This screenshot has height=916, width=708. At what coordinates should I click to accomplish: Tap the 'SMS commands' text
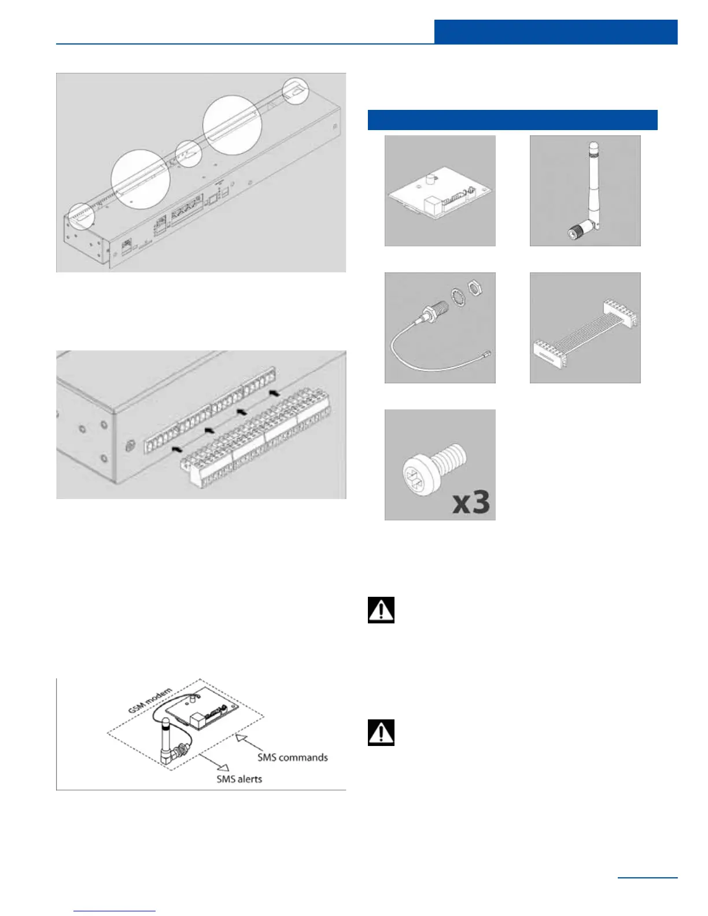293,758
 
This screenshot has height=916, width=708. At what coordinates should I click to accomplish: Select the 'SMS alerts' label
239,779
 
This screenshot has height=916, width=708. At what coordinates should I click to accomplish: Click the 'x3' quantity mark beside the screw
471,502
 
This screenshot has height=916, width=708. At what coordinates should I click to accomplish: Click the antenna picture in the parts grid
585,191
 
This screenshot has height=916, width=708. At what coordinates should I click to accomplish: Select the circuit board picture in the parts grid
440,191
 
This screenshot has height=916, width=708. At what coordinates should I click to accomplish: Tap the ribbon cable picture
585,328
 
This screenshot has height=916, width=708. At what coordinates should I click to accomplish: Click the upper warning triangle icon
381,610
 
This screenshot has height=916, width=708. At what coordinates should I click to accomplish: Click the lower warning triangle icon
381,733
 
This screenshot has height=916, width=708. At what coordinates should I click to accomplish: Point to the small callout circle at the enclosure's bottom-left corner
80,216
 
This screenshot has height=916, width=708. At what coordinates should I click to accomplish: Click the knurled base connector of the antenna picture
577,232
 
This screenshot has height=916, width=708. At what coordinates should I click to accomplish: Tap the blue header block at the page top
555,32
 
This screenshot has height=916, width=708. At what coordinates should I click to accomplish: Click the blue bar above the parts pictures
512,120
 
